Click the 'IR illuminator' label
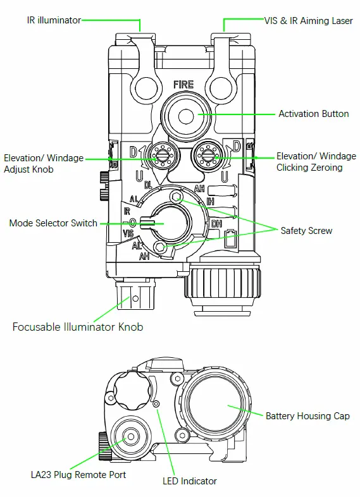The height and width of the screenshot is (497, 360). pos(54,20)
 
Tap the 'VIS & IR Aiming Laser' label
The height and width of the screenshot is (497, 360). pos(308,21)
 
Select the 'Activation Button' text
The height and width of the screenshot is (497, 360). pos(314,114)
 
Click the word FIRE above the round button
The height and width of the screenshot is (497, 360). pos(183,84)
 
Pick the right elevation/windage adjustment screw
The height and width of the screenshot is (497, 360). pos(208,155)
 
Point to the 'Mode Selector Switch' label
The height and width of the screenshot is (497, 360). pos(53,223)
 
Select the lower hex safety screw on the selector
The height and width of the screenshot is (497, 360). pos(159,247)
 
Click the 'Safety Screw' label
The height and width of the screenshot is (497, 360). pos(306,231)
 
